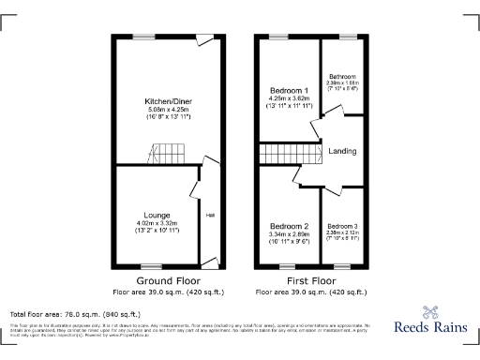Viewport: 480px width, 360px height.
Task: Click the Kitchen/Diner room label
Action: pyautogui.click(x=162, y=100)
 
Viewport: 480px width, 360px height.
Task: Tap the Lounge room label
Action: pyautogui.click(x=156, y=215)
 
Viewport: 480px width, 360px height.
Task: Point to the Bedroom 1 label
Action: pyautogui.click(x=288, y=88)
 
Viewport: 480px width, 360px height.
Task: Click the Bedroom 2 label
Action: pyautogui.click(x=290, y=226)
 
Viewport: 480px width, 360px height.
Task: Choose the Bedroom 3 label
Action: pyautogui.click(x=342, y=226)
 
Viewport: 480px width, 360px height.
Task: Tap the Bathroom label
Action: pyautogui.click(x=341, y=76)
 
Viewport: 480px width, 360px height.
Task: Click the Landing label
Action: pyautogui.click(x=340, y=150)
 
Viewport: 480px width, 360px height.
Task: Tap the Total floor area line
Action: pyautogui.click(x=75, y=313)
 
